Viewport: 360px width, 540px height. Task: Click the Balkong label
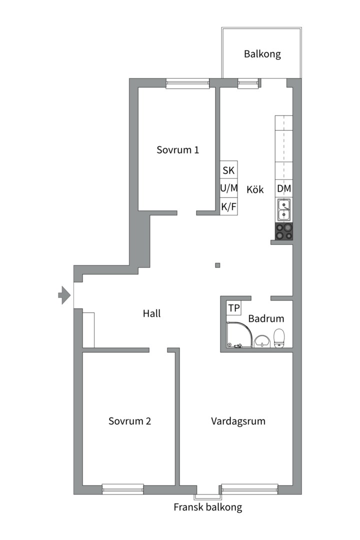pos(262,54)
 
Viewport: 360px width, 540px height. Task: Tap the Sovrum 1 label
pos(177,149)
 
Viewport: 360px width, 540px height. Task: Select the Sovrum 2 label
pos(129,421)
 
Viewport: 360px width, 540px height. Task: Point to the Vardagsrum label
pos(238,421)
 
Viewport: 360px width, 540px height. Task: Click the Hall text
pos(151,314)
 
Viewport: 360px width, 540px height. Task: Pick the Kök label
pos(255,190)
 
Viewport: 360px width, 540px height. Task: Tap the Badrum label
pos(266,318)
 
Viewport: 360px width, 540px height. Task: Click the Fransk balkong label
pos(207,507)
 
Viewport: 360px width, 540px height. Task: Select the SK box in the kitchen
pos(228,170)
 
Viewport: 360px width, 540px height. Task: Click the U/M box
pos(228,188)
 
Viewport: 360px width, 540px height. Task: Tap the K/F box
pos(228,206)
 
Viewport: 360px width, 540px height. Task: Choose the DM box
pos(284,188)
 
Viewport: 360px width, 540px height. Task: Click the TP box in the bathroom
pos(233,308)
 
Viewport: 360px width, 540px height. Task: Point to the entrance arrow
pos(64,294)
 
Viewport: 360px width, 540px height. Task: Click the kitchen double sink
pos(284,210)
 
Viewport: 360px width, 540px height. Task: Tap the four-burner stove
pos(284,231)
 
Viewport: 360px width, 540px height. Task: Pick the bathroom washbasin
pos(262,341)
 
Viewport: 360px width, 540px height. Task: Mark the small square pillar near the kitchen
pos(217,265)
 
